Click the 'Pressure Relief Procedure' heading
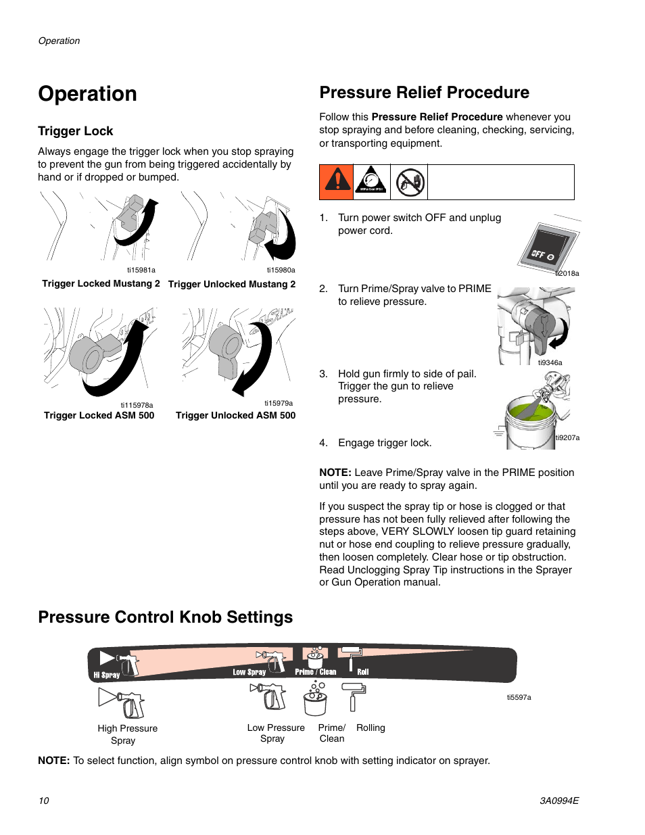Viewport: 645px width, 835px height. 424,93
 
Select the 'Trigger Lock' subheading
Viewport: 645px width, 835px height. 76,131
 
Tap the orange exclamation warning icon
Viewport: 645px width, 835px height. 337,182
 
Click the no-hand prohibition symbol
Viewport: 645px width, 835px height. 410,182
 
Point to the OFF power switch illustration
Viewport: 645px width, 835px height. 549,246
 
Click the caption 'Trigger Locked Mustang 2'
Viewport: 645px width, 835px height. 101,284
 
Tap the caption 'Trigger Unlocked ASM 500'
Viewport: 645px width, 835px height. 235,416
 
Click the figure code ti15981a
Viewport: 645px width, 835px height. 141,270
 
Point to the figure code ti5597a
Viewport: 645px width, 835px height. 519,697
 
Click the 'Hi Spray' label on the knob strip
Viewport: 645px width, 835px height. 107,675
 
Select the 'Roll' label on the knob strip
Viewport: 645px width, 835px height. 363,672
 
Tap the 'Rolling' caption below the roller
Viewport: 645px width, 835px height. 371,728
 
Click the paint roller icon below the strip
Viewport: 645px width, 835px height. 353,697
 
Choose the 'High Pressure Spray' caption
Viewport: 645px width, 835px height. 127,734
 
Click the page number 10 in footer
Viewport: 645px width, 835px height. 44,801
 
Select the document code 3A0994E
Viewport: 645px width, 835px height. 558,801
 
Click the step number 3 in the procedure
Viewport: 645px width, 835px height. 323,374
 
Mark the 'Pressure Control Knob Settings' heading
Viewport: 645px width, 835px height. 166,617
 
